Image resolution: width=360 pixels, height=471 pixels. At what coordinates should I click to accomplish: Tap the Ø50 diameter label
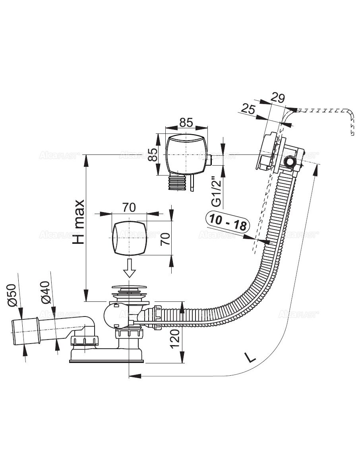(12, 295)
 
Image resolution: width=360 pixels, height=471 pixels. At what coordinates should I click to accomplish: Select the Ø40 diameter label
(45, 293)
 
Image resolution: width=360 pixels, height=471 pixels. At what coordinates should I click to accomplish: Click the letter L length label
(250, 358)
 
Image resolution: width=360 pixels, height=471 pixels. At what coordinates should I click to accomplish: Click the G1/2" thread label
(217, 191)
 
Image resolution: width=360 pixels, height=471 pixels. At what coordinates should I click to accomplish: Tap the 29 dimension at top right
(278, 98)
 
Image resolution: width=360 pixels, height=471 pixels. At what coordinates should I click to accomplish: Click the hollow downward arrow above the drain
(129, 268)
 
